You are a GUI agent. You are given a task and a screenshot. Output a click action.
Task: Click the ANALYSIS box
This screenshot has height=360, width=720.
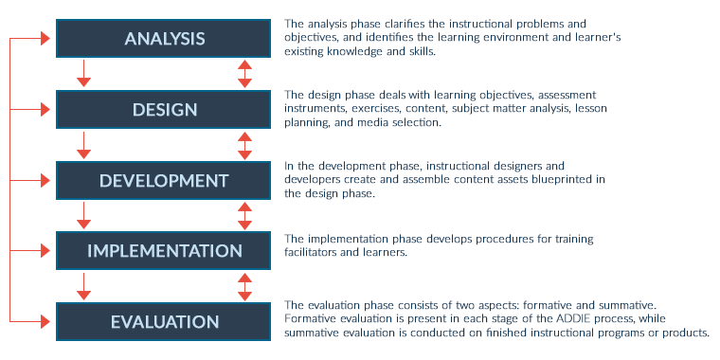(x=165, y=39)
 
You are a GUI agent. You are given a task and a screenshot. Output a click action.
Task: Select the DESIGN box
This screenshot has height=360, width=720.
(x=165, y=110)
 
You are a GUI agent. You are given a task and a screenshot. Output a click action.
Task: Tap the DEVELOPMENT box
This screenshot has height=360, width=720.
(x=165, y=180)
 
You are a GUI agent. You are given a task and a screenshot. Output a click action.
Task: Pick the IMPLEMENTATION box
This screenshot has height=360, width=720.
(x=165, y=251)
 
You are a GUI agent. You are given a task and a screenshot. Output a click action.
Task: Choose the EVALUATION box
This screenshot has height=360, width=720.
(x=165, y=321)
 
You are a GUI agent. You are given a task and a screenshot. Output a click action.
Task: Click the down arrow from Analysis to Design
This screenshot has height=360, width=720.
(x=84, y=74)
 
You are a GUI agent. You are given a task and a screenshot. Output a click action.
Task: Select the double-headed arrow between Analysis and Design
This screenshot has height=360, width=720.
(x=245, y=74)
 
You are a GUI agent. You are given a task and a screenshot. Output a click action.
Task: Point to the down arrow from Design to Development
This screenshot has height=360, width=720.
(x=84, y=145)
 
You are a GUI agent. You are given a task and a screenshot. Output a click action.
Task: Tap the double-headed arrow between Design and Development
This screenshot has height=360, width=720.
(x=245, y=145)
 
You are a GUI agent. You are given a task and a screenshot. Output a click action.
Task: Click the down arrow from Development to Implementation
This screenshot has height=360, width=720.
(x=84, y=216)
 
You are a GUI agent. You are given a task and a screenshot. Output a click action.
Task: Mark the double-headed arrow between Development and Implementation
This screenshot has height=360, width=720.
(x=245, y=216)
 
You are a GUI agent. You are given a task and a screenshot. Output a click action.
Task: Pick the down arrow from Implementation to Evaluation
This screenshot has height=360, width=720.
(x=84, y=286)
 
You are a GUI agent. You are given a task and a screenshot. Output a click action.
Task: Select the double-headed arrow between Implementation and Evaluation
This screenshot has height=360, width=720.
(x=245, y=286)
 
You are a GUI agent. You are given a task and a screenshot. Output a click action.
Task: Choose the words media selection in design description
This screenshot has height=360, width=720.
(x=396, y=122)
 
